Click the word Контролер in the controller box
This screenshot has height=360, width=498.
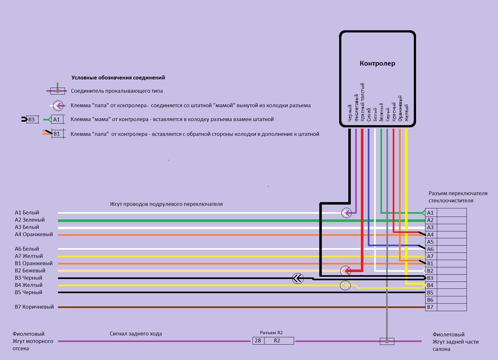[377, 63]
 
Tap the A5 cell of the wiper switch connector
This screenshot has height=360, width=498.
[430, 242]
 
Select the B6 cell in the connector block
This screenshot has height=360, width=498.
[430, 300]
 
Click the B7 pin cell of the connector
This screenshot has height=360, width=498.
[430, 307]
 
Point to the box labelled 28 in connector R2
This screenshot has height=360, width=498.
[258, 340]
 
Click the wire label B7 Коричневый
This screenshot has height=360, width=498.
[34, 307]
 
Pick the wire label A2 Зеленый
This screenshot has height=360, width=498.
[30, 220]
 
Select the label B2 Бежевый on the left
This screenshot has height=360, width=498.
[30, 270]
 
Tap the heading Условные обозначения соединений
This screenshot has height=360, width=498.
[118, 78]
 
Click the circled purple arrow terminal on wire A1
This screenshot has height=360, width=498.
[346, 213]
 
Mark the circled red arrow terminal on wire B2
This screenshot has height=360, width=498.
[345, 270]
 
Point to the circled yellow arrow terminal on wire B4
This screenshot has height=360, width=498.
[345, 286]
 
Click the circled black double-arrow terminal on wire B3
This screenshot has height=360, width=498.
[298, 278]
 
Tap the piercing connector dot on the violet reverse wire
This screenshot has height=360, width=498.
[387, 341]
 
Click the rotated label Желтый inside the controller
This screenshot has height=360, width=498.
[407, 113]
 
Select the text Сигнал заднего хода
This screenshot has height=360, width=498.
[136, 334]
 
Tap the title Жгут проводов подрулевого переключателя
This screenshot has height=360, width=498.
[166, 204]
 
